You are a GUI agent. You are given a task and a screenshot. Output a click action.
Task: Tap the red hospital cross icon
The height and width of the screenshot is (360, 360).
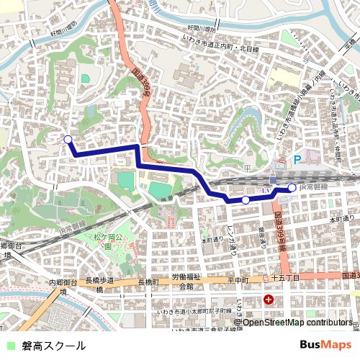[x=269, y=300]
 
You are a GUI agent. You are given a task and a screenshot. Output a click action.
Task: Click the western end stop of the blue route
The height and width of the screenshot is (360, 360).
[x=68, y=140]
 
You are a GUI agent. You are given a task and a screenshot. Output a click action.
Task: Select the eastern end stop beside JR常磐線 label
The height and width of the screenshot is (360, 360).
[x=292, y=188]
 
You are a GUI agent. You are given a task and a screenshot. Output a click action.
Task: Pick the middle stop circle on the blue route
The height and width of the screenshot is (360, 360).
[x=246, y=199]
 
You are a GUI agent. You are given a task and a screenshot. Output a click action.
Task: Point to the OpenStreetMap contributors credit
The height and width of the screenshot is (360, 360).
[x=297, y=322]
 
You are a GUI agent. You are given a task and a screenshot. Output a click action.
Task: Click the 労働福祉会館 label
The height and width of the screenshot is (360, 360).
[x=186, y=282]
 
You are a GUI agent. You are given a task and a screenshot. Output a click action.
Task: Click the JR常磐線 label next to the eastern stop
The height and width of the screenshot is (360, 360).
[x=313, y=187]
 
